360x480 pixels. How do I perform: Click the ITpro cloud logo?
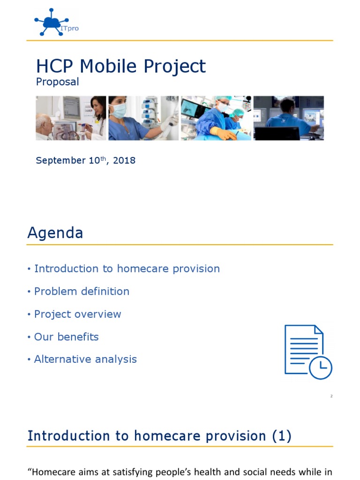[52, 22]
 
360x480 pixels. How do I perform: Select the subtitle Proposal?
[58, 82]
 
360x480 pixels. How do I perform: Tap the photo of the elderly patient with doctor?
[71, 118]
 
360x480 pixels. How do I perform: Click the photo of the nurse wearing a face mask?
[143, 118]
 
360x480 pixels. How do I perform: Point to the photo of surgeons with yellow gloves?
[216, 118]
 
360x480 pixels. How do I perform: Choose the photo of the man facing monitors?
[288, 118]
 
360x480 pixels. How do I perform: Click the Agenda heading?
[55, 233]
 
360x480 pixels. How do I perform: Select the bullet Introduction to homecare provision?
[127, 269]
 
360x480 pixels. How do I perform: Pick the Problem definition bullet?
[82, 292]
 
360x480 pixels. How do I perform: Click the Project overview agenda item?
[77, 314]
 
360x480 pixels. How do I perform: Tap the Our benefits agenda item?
[66, 337]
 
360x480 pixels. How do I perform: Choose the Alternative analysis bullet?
[85, 360]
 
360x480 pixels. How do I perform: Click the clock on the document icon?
[320, 367]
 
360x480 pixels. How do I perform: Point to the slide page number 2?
[331, 397]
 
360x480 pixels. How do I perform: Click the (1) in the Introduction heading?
[281, 436]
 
